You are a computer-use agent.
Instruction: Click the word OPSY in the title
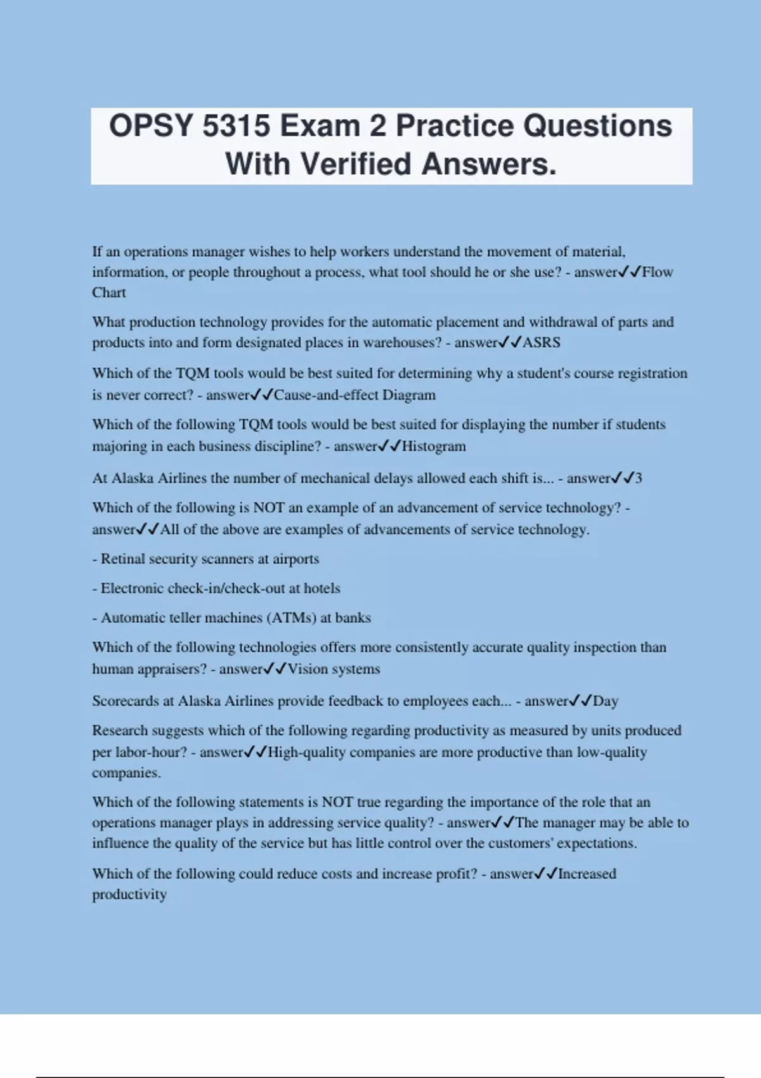tap(150, 126)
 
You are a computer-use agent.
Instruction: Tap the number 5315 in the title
tap(237, 126)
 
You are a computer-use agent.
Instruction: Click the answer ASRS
tap(541, 343)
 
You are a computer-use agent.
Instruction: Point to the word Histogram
tap(434, 446)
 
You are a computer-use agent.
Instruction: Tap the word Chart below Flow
tap(109, 293)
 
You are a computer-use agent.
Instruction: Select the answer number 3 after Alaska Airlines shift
tap(638, 478)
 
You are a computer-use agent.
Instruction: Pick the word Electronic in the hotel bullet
tap(132, 588)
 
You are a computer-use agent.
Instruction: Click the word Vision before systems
tap(308, 669)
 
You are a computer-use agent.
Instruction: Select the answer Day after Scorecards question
tap(605, 701)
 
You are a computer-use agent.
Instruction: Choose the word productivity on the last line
tap(129, 895)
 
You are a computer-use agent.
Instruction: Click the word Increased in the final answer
tap(587, 874)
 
